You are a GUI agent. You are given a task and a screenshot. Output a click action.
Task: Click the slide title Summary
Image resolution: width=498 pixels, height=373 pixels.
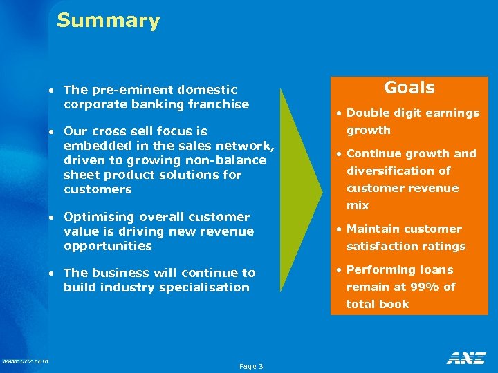pos(108,21)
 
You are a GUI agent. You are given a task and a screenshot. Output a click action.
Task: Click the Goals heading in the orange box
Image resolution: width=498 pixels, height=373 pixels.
pos(409,88)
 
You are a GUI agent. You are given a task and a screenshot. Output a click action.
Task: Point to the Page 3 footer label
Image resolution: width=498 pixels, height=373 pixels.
pos(250,366)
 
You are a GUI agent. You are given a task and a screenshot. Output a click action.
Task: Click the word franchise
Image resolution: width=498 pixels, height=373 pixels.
pos(221,104)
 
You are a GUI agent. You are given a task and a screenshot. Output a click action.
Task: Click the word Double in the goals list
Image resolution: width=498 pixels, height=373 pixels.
pos(367,113)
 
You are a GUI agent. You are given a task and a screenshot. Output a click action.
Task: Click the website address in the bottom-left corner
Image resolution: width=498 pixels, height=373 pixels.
pos(25,361)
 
